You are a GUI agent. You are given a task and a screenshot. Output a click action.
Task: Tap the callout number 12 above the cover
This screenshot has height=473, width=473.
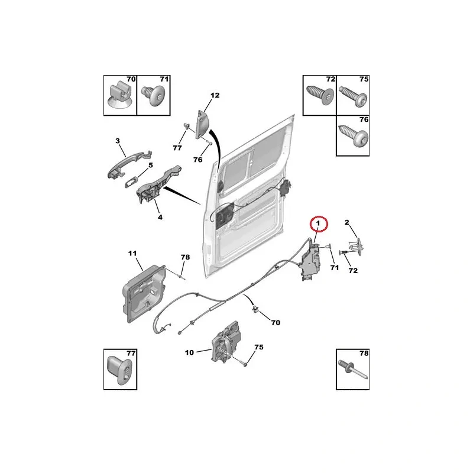click(x=215, y=95)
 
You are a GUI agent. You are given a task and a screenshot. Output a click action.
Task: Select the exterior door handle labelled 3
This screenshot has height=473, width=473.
click(x=129, y=164)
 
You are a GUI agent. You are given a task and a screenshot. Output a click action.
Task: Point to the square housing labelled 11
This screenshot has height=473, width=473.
click(x=144, y=293)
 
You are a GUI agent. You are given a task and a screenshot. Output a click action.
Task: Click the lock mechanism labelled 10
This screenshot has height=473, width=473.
click(x=226, y=342)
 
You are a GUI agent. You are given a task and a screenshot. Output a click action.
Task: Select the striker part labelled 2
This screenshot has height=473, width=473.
click(x=356, y=247)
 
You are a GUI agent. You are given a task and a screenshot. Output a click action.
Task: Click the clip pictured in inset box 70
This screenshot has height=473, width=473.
click(x=120, y=96)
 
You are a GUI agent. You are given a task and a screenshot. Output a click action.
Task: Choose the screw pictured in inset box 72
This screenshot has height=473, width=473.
click(x=320, y=95)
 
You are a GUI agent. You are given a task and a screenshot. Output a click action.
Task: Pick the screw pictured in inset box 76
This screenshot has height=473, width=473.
click(x=354, y=135)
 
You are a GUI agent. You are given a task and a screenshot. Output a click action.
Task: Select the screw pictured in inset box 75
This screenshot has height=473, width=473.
click(x=354, y=96)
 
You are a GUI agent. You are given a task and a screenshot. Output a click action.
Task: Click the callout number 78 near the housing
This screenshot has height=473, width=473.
click(x=185, y=257)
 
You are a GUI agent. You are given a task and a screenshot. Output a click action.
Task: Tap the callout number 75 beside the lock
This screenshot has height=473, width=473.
click(x=259, y=347)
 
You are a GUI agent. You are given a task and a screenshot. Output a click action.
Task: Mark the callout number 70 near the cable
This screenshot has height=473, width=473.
click(x=276, y=323)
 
